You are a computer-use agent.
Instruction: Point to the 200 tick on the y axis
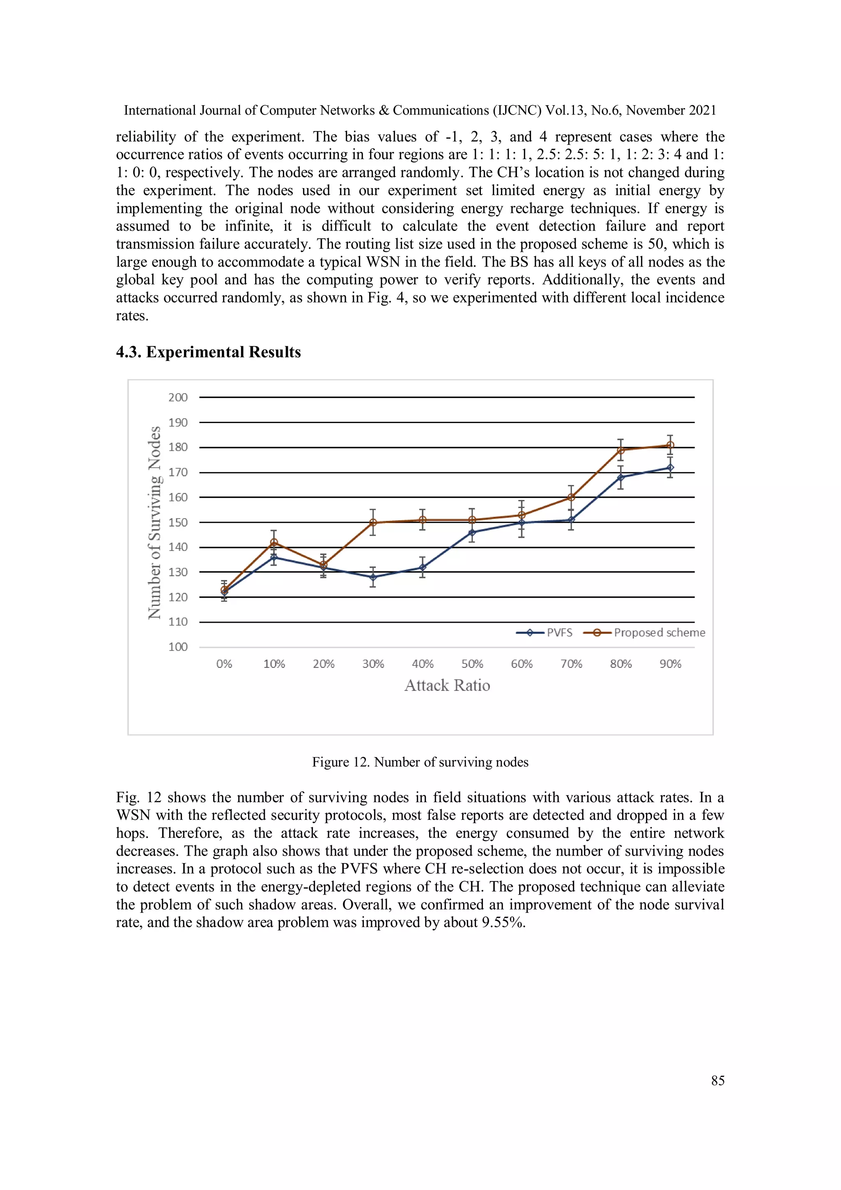tap(178, 398)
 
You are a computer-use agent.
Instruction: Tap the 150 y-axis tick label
tap(178, 522)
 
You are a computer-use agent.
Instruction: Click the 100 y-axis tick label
tap(178, 647)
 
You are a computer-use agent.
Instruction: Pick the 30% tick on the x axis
tap(373, 664)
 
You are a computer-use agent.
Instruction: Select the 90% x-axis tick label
tap(670, 664)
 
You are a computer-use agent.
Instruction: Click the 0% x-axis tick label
tap(224, 664)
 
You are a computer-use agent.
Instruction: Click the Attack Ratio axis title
tap(447, 685)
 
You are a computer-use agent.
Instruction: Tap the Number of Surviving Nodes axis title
tap(154, 522)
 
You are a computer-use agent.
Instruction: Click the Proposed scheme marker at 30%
tap(373, 522)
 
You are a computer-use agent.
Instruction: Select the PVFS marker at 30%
tap(373, 577)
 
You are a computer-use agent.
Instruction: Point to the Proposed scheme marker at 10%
tap(274, 543)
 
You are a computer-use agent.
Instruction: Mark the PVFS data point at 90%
tap(670, 467)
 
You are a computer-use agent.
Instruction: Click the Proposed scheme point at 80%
tap(621, 450)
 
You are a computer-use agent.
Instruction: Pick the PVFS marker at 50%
tap(472, 532)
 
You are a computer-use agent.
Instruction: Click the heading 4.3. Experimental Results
tap(208, 352)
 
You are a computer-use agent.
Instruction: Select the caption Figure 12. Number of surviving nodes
tap(420, 762)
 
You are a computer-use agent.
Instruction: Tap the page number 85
tap(718, 1081)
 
